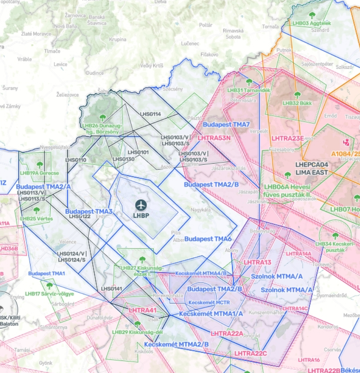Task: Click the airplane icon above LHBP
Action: click(141, 205)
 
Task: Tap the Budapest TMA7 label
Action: click(226, 125)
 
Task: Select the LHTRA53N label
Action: click(214, 138)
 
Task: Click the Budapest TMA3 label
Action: click(88, 211)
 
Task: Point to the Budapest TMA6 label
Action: click(208, 239)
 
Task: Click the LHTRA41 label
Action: click(142, 310)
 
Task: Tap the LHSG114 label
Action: click(150, 114)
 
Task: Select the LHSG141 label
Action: click(111, 289)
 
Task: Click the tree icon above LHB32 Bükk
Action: click(297, 95)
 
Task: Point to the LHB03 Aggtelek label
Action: click(312, 23)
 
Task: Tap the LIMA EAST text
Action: click(312, 172)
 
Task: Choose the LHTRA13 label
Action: click(257, 262)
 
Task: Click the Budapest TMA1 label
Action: click(47, 273)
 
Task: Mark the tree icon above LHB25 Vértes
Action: click(37, 210)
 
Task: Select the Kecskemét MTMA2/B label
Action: click(176, 344)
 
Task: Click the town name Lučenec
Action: click(190, 43)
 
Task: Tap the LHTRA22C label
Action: click(250, 354)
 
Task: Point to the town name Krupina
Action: click(117, 39)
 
